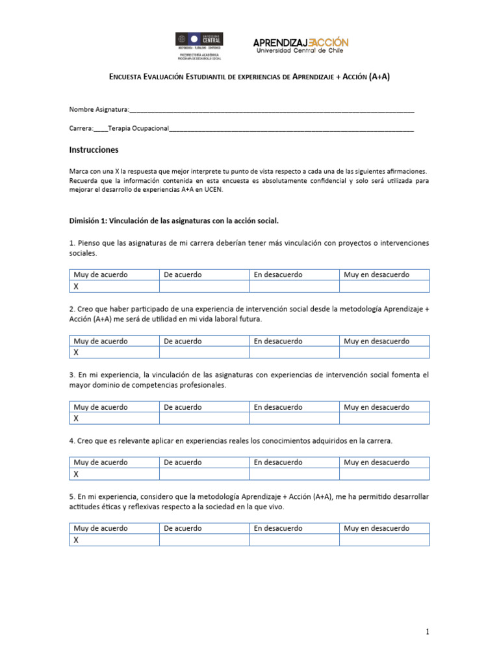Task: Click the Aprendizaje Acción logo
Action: point(300,45)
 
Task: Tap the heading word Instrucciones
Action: point(94,150)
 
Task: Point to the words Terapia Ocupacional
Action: point(138,129)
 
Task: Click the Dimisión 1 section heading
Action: point(173,220)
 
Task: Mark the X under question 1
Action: point(76,286)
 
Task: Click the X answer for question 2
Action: point(76,352)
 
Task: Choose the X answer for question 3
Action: point(76,418)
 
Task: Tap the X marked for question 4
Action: point(76,474)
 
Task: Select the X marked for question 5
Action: point(76,540)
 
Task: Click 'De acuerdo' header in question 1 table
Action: point(183,274)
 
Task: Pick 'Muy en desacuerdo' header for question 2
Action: point(377,341)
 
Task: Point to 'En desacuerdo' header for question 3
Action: point(278,407)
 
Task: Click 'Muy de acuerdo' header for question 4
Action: point(101,462)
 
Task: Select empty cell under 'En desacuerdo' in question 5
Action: point(294,540)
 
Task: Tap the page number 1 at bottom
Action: point(428,632)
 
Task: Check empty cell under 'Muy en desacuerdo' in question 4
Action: point(384,474)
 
